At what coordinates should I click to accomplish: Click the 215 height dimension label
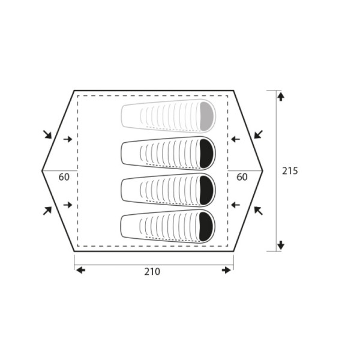click(290, 171)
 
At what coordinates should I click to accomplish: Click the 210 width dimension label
click(152, 272)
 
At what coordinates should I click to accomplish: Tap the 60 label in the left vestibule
click(64, 177)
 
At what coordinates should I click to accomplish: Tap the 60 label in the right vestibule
click(242, 177)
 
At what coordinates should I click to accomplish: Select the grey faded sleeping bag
click(168, 116)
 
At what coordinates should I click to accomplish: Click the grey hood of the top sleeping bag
click(206, 116)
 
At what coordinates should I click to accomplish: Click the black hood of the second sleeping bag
click(206, 154)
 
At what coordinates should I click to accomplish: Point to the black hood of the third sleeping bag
click(206, 190)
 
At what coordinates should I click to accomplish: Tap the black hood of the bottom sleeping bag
click(206, 227)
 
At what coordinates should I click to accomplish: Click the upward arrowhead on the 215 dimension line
click(281, 96)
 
